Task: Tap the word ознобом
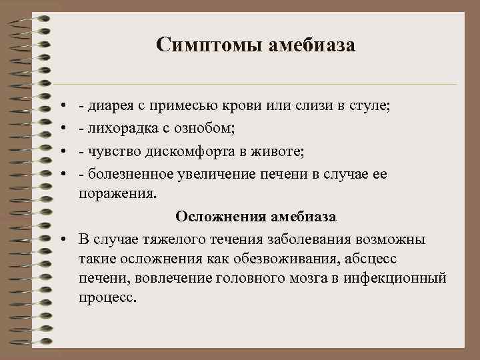tap(194, 127)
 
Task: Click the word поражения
tap(117, 195)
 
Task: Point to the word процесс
tap(107, 297)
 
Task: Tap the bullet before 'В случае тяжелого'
tap(61, 239)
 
